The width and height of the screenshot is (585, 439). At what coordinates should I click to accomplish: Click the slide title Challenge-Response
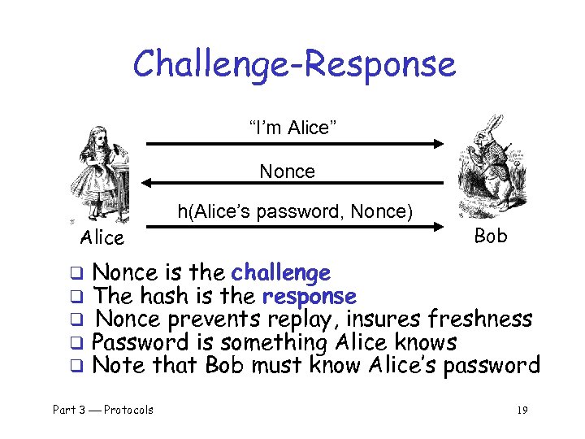(x=294, y=63)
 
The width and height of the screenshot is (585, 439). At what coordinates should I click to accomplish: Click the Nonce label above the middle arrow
(x=287, y=172)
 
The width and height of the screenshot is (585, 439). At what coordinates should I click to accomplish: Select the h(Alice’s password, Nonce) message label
(x=295, y=212)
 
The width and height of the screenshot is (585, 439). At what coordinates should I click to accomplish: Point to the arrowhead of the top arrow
(x=438, y=144)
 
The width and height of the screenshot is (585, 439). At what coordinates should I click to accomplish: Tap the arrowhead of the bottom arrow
(x=438, y=228)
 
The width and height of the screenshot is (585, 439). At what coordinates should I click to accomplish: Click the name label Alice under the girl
(x=102, y=238)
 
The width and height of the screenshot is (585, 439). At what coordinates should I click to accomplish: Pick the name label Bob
(x=490, y=236)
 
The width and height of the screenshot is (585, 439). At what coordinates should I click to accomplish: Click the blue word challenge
(x=281, y=273)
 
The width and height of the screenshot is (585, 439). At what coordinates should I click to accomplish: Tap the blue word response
(x=307, y=297)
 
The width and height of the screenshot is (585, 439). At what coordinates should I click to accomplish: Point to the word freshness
(x=480, y=319)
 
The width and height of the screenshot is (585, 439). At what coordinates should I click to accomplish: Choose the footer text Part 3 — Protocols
(x=103, y=410)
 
